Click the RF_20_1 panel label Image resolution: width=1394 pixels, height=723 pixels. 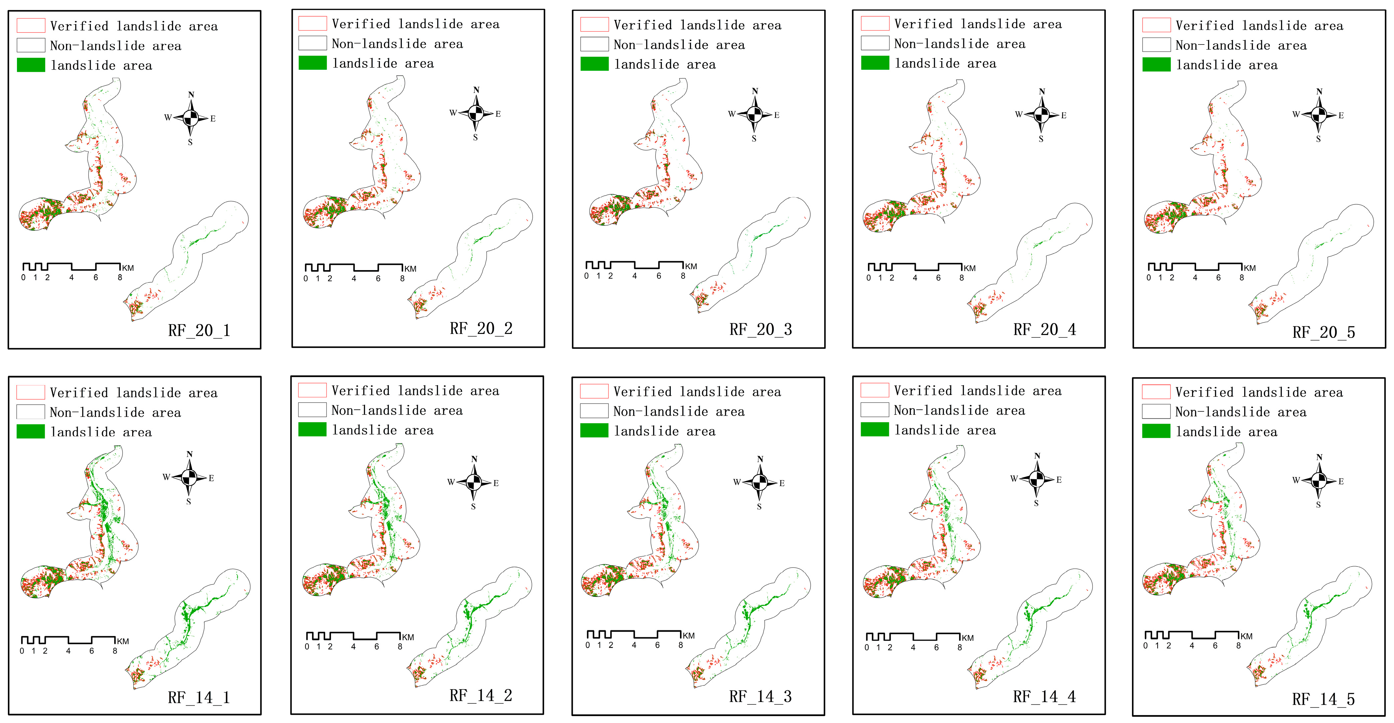(199, 330)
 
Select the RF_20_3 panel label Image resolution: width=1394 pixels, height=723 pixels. (760, 329)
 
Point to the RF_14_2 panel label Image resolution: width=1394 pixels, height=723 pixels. (480, 695)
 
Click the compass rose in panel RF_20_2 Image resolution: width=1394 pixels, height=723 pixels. (476, 114)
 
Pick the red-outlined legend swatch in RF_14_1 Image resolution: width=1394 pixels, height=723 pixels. (31, 392)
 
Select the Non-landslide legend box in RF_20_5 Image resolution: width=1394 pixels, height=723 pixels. (1157, 45)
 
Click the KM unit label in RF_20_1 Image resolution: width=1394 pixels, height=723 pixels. (128, 268)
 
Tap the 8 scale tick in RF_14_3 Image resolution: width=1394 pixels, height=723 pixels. (681, 645)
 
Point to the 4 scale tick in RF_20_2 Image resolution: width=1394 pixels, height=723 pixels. (354, 278)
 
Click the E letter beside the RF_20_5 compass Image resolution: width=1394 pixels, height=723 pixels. (1341, 115)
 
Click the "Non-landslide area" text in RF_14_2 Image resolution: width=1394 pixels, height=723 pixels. (397, 411)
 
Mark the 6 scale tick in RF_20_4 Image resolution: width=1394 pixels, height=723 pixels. (938, 278)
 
